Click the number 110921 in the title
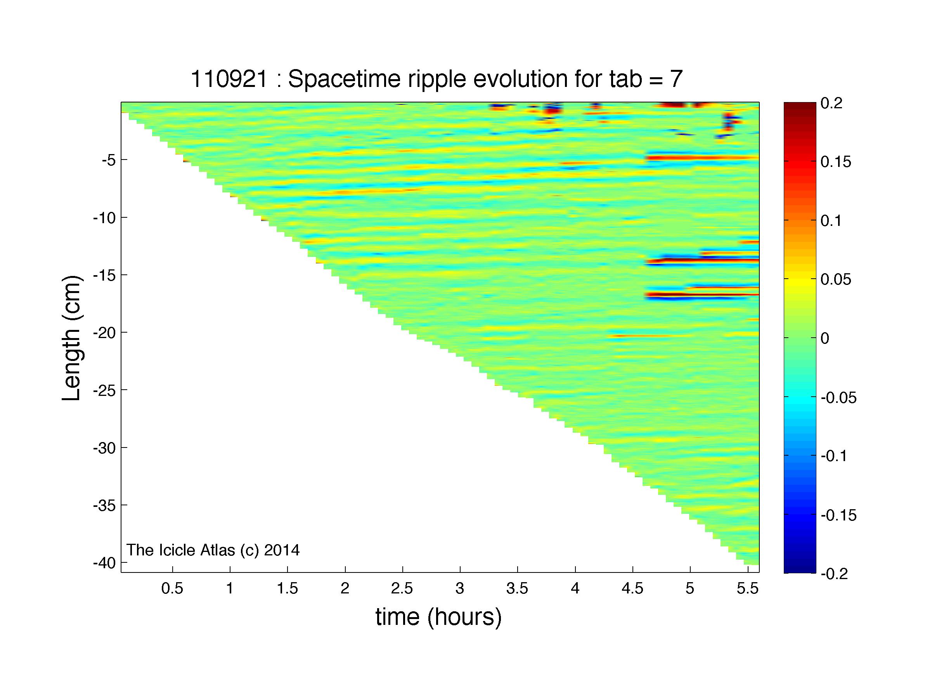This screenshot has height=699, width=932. (229, 79)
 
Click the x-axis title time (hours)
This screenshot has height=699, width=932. (438, 617)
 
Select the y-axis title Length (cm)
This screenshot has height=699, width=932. (71, 338)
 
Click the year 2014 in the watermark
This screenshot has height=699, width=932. (282, 550)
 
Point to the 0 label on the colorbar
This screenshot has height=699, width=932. (825, 338)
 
